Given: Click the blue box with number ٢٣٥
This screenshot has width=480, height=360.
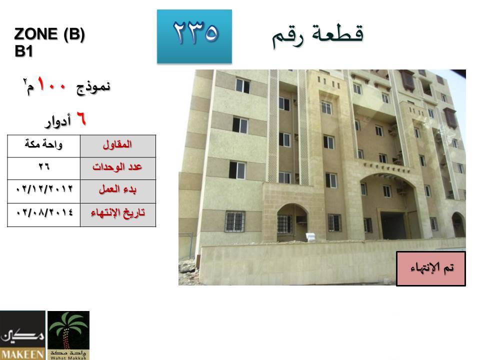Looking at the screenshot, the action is tap(194, 36).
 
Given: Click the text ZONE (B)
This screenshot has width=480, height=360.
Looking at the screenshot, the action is tap(49, 34).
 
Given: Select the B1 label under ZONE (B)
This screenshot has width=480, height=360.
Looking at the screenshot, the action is tap(23, 51).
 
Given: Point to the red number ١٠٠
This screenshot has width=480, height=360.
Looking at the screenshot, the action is tap(51, 84).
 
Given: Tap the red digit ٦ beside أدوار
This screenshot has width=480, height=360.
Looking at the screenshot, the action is tap(81, 119).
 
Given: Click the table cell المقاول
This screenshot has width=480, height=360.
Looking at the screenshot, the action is tap(118, 146).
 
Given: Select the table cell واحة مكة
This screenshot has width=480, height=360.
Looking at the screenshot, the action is tap(44, 146).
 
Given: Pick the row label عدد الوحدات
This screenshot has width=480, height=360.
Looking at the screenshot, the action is tap(118, 168).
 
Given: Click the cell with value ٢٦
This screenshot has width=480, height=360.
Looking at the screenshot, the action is tap(44, 168).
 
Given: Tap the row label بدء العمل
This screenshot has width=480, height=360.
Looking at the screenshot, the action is tap(118, 191).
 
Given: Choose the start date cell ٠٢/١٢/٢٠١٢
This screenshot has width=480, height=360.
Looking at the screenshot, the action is tap(44, 191).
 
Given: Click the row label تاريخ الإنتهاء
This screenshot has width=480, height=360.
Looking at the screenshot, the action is tap(118, 214).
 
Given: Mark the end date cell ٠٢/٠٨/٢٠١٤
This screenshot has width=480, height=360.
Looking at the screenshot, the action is tap(44, 214).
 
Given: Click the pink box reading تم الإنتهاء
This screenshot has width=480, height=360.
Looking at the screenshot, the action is tap(431, 269).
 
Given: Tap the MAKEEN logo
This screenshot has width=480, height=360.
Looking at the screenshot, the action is tap(22, 335).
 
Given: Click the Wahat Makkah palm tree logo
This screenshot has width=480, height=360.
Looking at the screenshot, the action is tap(68, 335).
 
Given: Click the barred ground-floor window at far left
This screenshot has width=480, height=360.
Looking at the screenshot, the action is tap(235, 221).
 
